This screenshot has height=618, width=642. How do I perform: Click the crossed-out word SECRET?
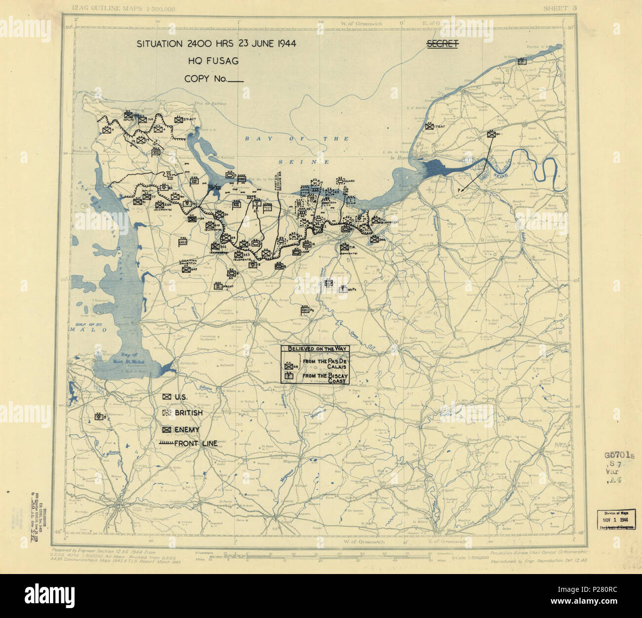coord(442,44)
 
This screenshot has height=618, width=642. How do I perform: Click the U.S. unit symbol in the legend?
coord(167,397)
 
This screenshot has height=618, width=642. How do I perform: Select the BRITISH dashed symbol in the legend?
coord(167,412)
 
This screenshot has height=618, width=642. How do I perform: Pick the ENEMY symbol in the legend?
coord(167,429)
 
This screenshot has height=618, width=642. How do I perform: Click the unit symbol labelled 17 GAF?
coord(429,125)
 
